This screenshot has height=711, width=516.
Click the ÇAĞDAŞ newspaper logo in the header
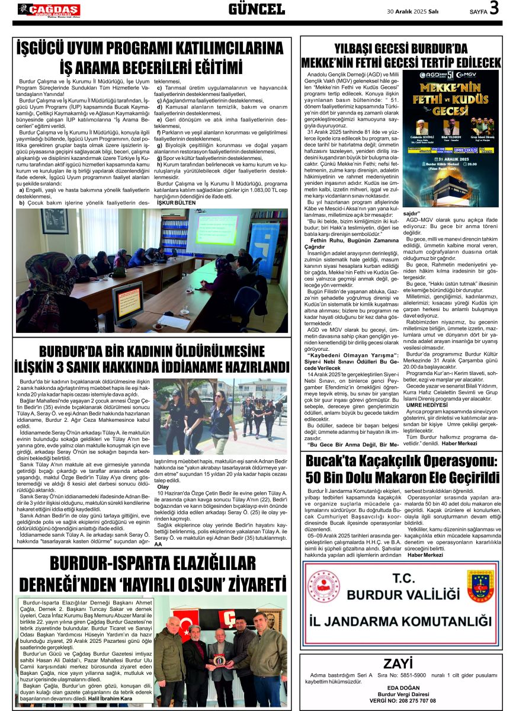tap(49, 9)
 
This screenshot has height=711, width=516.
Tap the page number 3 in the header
tap(494, 9)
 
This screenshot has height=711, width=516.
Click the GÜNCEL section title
tap(257, 9)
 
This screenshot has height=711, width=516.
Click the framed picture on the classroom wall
tap(55, 220)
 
